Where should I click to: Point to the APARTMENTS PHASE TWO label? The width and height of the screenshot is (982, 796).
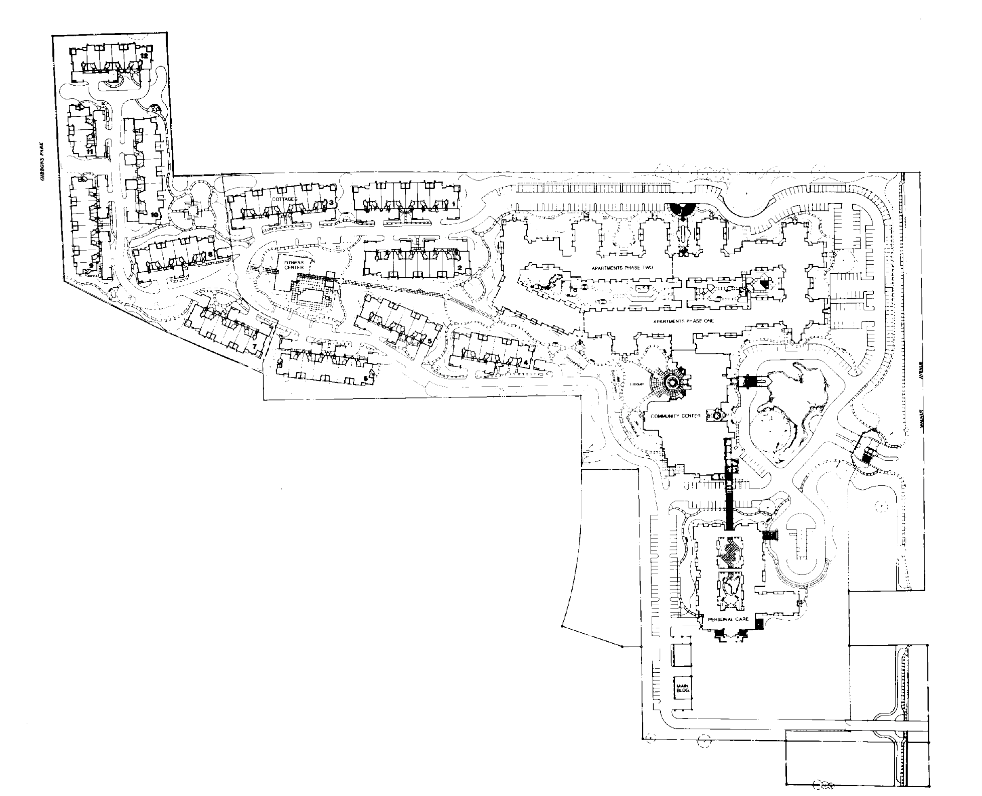coord(622,268)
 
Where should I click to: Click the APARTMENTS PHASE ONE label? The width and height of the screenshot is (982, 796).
coord(683,321)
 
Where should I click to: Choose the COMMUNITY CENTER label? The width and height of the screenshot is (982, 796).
coord(676,416)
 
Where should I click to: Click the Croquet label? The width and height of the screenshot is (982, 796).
coord(636,384)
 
